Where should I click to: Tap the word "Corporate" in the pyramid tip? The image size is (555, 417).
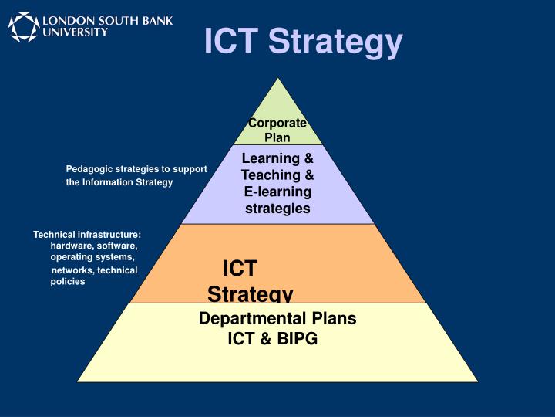click(277, 123)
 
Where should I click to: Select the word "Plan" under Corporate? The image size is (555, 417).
click(277, 137)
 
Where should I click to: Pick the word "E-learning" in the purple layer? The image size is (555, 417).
click(277, 192)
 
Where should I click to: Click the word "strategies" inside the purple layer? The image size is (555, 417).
click(277, 208)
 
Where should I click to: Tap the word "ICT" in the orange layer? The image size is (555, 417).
click(239, 269)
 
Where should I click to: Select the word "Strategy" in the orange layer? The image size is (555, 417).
click(250, 293)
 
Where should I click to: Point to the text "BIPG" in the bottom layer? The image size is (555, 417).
click(296, 338)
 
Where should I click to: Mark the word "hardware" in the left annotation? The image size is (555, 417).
click(72, 246)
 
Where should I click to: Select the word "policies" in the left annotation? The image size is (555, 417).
click(68, 282)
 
